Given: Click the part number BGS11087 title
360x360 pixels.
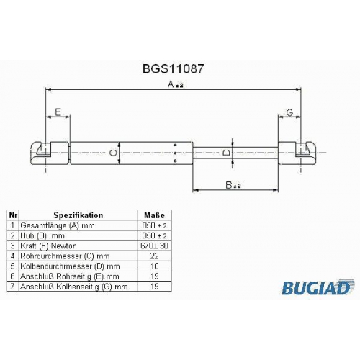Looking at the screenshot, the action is click(173, 68).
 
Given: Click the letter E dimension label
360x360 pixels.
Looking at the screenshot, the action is click(58, 112).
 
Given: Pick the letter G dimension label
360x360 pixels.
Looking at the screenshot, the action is click(290, 112).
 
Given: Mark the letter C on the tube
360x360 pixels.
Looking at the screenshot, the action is click(113, 153).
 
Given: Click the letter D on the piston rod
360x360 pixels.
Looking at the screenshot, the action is click(226, 153).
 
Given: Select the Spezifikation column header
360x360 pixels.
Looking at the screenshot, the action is click(78, 215).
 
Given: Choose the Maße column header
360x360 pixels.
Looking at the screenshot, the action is click(154, 215).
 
